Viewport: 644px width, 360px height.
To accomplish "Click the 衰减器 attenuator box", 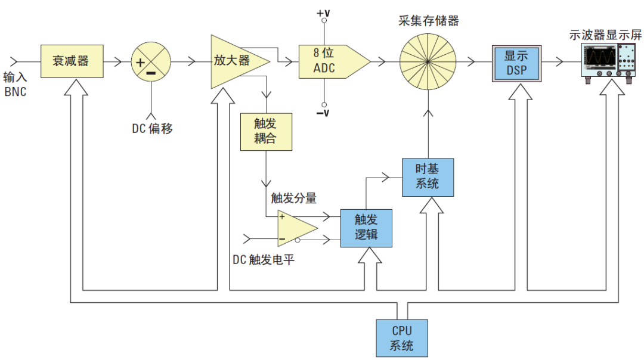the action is [x=72, y=61].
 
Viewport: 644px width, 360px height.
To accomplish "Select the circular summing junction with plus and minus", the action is [x=151, y=62].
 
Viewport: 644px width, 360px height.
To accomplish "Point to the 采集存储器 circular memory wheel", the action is [x=428, y=62].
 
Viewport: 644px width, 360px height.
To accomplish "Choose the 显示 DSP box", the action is [x=516, y=63].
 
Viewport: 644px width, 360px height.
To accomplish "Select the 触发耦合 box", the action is [x=266, y=132].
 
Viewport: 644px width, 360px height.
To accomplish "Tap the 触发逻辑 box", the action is [x=366, y=228].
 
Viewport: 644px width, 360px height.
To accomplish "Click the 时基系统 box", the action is [x=428, y=178].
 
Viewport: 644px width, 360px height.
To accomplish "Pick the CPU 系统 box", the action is [x=402, y=338].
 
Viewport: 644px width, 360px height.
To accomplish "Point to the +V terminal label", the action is [x=323, y=13].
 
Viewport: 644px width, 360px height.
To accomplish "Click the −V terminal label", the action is [x=323, y=113].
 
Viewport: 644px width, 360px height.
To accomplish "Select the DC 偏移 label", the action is [x=153, y=129].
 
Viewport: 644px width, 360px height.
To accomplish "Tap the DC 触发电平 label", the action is [x=264, y=260].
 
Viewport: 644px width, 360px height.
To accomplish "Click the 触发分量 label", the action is [x=293, y=198].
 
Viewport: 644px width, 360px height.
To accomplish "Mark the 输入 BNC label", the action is [x=15, y=84].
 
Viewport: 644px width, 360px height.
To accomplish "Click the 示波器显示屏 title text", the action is [x=605, y=35].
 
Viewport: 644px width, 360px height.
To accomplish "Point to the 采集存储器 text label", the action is [x=428, y=20].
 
